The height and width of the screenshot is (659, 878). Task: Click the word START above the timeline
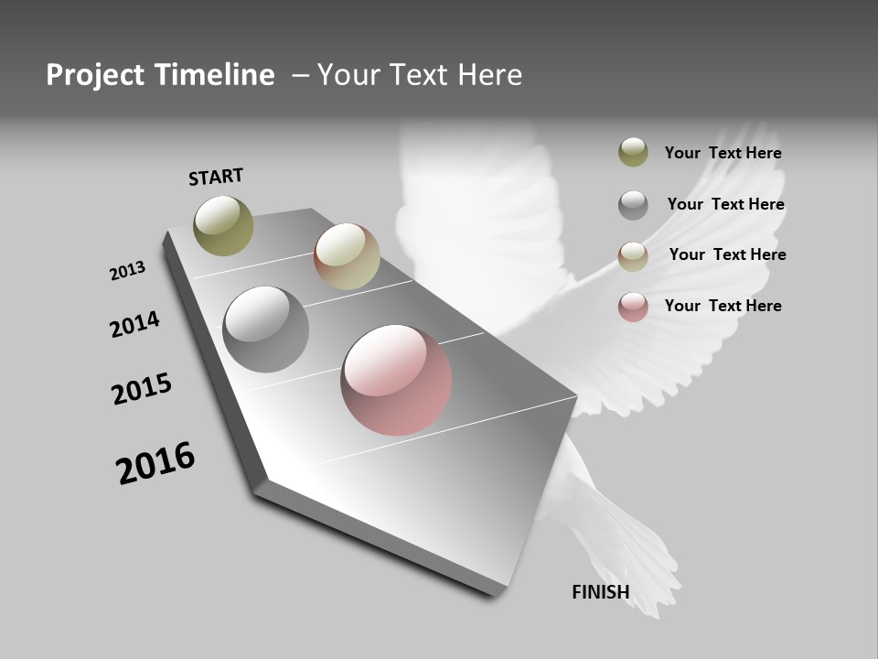[216, 176]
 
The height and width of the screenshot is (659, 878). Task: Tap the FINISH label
[600, 592]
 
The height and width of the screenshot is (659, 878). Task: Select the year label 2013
[127, 271]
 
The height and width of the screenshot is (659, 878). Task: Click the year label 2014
[134, 324]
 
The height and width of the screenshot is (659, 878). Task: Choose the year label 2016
[155, 463]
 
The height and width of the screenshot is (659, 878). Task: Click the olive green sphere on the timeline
[223, 225]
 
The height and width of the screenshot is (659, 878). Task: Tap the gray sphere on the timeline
[265, 329]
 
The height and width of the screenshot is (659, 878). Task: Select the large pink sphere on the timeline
[396, 380]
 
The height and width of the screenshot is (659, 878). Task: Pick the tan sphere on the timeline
[347, 256]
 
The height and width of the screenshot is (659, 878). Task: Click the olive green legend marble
[633, 152]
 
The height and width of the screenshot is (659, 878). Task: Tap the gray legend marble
[633, 205]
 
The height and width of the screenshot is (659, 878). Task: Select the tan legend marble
[633, 256]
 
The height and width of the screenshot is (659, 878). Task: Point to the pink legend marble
[633, 307]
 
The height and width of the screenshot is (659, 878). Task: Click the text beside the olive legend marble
[723, 153]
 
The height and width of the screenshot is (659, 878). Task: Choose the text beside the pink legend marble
[723, 306]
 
